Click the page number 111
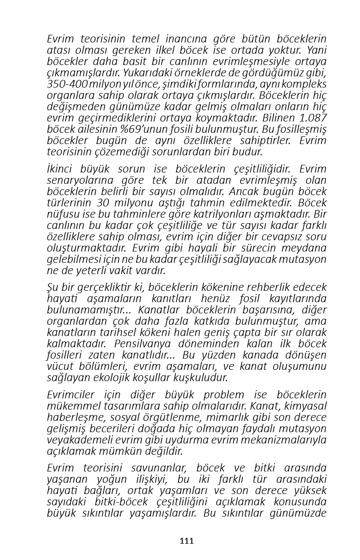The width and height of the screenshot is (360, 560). [187, 541]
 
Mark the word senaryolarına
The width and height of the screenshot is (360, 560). [78, 180]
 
